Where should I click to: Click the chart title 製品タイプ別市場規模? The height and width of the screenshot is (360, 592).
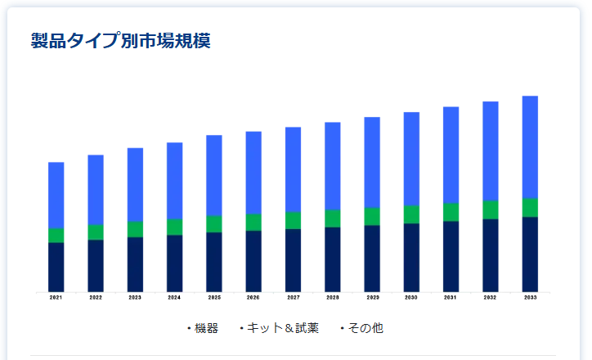pyautogui.click(x=120, y=42)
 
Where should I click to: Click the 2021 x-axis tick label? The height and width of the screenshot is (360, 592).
pyautogui.click(x=56, y=298)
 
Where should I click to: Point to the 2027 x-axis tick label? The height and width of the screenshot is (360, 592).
pyautogui.click(x=293, y=298)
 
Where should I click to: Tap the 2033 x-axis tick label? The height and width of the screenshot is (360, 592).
pyautogui.click(x=530, y=298)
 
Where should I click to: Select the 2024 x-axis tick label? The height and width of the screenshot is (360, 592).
pyautogui.click(x=174, y=298)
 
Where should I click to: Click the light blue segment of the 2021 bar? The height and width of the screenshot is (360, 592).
pyautogui.click(x=56, y=195)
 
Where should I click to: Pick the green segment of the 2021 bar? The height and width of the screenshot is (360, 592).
pyautogui.click(x=56, y=236)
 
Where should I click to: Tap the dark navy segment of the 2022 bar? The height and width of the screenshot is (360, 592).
pyautogui.click(x=96, y=265)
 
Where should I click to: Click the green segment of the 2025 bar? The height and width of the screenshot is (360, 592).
pyautogui.click(x=214, y=224)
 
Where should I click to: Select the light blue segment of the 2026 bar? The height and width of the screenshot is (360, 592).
pyautogui.click(x=253, y=173)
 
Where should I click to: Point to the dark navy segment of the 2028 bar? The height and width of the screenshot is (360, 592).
pyautogui.click(x=332, y=259)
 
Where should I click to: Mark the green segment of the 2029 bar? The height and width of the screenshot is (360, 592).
pyautogui.click(x=372, y=216)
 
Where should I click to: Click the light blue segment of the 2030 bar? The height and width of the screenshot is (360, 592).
pyautogui.click(x=411, y=159)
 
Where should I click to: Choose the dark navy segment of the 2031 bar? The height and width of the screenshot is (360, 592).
pyautogui.click(x=451, y=256)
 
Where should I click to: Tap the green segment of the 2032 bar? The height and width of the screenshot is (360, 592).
pyautogui.click(x=491, y=209)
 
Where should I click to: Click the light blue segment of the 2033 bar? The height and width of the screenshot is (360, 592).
pyautogui.click(x=530, y=147)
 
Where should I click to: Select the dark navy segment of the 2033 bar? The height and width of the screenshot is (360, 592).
pyautogui.click(x=530, y=254)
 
